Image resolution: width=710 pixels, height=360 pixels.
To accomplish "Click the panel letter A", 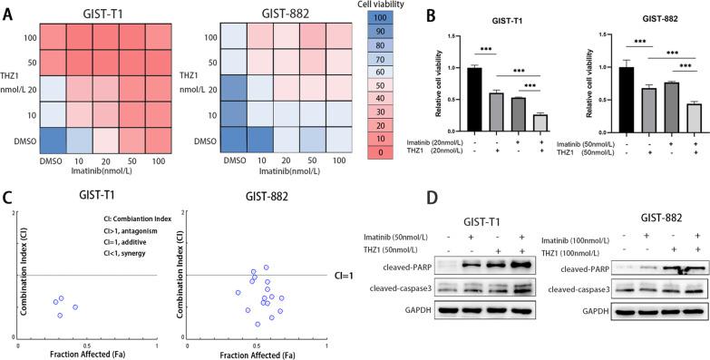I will point(7,9).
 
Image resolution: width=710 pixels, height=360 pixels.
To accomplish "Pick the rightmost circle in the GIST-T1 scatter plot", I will point(75,307).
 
